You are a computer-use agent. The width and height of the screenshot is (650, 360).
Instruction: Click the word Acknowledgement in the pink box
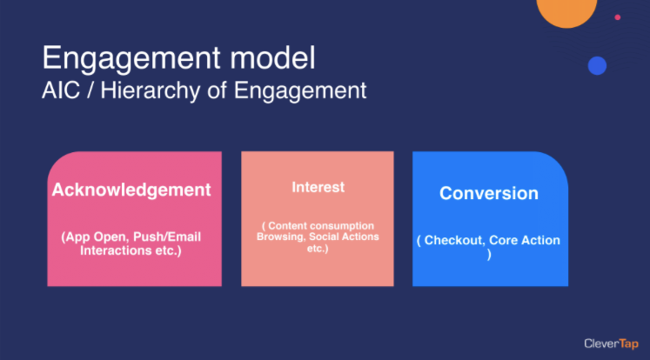[131, 190]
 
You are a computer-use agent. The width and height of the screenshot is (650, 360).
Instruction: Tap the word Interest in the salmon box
[318, 187]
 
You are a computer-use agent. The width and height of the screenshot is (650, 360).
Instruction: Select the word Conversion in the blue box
[489, 193]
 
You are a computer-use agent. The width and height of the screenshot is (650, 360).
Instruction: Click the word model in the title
[272, 57]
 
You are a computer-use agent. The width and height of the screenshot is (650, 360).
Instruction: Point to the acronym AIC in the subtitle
[61, 90]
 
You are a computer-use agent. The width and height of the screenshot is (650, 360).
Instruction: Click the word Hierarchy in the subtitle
[151, 90]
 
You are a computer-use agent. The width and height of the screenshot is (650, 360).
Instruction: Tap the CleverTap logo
[611, 343]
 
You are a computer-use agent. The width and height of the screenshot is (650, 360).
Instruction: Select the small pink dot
[617, 17]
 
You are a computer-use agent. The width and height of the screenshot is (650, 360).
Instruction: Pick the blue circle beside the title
[597, 66]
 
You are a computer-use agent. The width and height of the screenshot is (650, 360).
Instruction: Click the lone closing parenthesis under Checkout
[489, 255]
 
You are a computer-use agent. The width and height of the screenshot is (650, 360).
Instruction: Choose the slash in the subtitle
[90, 90]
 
